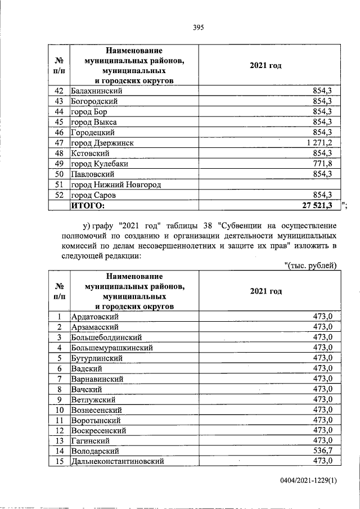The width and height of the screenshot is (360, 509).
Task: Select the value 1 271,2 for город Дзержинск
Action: coord(316,143)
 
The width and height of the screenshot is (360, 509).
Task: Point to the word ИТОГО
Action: coord(89,205)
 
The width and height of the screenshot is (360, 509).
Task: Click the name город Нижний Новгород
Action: coord(116,184)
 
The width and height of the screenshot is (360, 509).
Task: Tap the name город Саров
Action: coord(93,195)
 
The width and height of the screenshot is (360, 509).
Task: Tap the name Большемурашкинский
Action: coord(112,348)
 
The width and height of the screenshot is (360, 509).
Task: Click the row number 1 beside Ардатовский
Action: coord(58,317)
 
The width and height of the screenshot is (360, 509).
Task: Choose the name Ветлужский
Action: coord(93,399)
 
